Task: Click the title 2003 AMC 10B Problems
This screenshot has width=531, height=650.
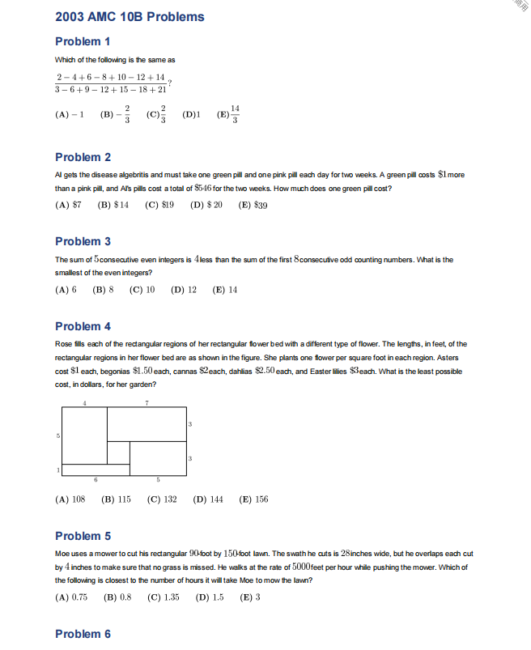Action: [x=130, y=16]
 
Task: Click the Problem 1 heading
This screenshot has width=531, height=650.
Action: [x=83, y=41]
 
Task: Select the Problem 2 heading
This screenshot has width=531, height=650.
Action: [x=83, y=157]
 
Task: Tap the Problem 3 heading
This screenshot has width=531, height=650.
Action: [x=83, y=241]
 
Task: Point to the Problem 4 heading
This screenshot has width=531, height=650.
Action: [x=83, y=326]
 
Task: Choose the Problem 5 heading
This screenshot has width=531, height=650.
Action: [x=83, y=536]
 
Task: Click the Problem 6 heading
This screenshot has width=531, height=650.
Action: [x=83, y=634]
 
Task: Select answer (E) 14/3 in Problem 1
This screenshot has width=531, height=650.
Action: [x=229, y=114]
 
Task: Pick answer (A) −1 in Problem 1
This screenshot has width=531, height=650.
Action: [x=70, y=115]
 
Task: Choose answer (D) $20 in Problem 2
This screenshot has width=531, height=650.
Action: [x=206, y=206]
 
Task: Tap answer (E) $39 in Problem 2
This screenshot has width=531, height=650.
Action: [x=253, y=206]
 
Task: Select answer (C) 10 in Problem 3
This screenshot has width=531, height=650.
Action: [x=142, y=290]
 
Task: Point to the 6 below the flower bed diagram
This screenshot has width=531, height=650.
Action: [x=96, y=480]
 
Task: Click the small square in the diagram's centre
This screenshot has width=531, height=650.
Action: [x=118, y=452]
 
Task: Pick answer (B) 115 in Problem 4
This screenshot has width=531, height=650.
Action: [x=116, y=499]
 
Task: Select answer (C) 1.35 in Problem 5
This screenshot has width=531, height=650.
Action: [x=163, y=597]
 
